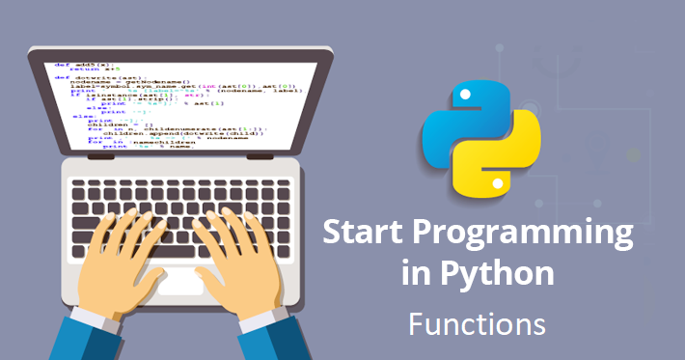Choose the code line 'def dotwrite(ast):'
pos(94,79)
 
